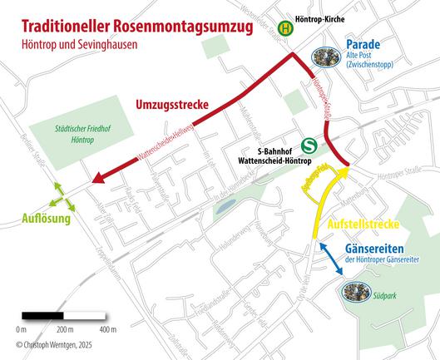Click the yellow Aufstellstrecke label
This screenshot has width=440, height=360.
click(366, 225)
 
